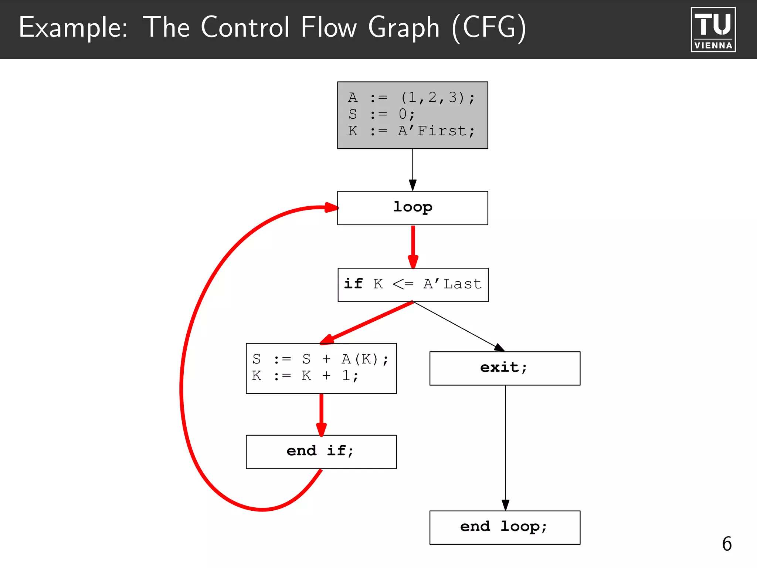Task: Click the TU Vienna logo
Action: tap(713, 30)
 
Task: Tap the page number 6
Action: tap(727, 544)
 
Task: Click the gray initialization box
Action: tap(413, 115)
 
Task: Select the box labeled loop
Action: tap(413, 208)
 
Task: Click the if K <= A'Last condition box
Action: tap(413, 285)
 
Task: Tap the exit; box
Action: tap(505, 368)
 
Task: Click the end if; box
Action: tap(321, 452)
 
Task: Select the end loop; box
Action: tap(505, 527)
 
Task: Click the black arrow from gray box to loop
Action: tap(413, 170)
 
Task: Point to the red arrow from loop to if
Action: tap(413, 246)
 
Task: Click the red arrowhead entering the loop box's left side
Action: tap(331, 207)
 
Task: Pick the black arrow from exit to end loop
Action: tap(505, 447)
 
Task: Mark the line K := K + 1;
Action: tap(305, 376)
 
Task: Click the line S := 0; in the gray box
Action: tap(381, 114)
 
